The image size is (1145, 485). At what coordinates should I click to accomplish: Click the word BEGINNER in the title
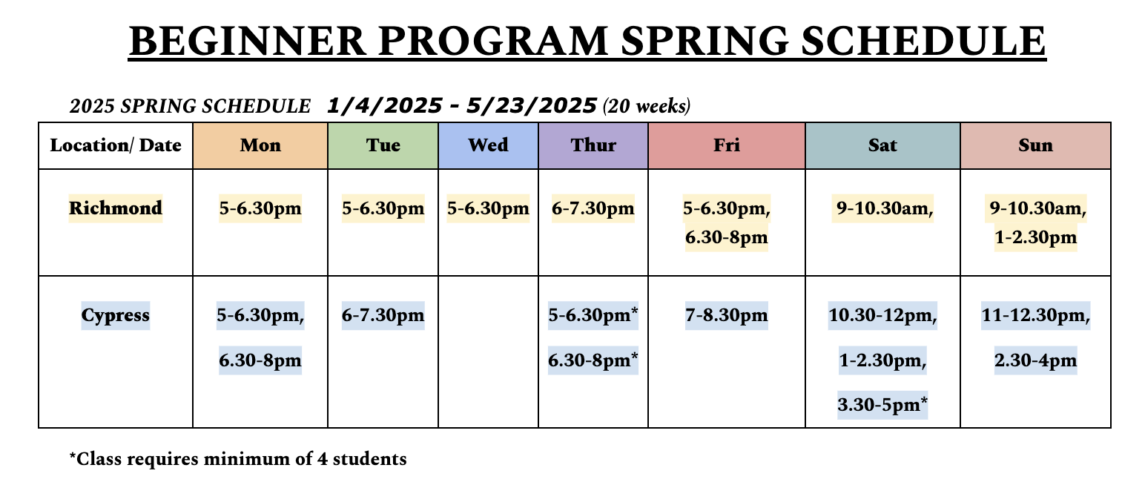(x=248, y=41)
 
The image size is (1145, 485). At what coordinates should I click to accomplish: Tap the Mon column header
(x=260, y=145)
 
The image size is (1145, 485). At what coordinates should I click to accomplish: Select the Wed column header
(x=488, y=145)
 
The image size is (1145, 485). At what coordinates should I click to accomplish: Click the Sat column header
(x=882, y=145)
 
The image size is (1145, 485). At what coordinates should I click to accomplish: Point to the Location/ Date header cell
(x=116, y=145)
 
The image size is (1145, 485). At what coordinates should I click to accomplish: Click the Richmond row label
(x=116, y=208)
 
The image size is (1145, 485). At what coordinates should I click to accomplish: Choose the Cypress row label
(x=116, y=315)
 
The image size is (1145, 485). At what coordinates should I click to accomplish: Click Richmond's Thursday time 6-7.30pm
(x=593, y=208)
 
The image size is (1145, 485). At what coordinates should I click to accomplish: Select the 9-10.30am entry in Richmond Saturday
(x=882, y=208)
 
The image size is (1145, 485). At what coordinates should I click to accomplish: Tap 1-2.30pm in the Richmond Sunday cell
(x=1035, y=237)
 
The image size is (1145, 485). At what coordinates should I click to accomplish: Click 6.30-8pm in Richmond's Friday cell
(x=726, y=237)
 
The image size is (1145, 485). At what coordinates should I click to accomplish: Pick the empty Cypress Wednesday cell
(x=488, y=352)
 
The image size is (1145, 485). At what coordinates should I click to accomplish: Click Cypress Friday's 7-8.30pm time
(x=726, y=315)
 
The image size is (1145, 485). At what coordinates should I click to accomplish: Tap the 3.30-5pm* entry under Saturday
(x=882, y=405)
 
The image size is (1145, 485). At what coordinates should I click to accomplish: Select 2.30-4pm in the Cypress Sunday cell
(x=1035, y=360)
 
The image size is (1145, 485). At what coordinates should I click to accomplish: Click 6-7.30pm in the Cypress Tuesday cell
(x=383, y=315)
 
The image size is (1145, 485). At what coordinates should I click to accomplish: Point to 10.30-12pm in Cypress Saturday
(x=882, y=315)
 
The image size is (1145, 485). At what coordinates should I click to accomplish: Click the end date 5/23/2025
(x=532, y=106)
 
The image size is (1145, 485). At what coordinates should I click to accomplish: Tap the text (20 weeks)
(x=647, y=106)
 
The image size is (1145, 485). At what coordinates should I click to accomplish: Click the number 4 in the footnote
(x=322, y=459)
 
